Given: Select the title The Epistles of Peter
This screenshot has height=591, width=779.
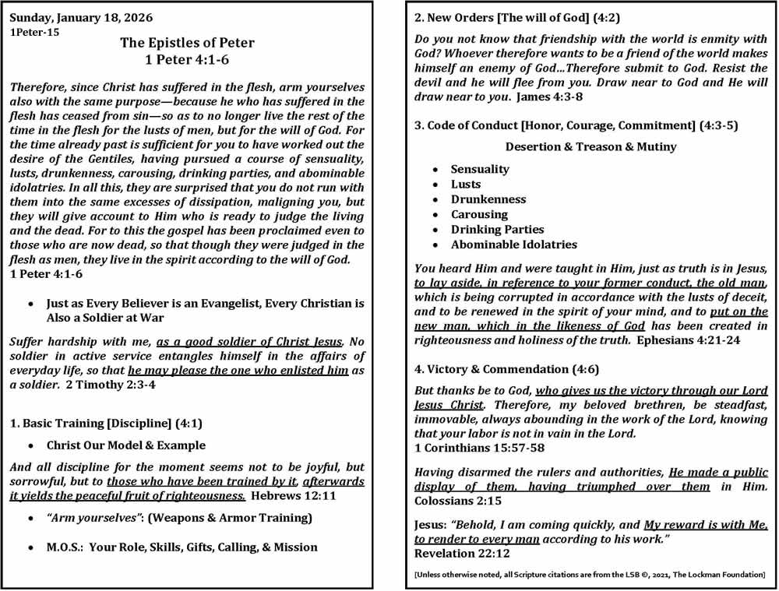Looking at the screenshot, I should (187, 43).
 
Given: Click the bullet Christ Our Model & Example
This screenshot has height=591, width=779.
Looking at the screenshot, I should (126, 445).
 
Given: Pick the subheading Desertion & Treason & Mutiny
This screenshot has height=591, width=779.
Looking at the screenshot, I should (590, 146).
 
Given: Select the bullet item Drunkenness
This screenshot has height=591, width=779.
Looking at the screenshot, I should (488, 199).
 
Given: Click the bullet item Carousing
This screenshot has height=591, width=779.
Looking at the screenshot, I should (479, 214).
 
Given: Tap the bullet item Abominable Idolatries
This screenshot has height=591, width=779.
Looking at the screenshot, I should (514, 244).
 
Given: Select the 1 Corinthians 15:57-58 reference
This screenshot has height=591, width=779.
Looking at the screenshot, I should (479, 448).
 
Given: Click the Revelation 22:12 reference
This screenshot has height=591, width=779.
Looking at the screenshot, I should (462, 554).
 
